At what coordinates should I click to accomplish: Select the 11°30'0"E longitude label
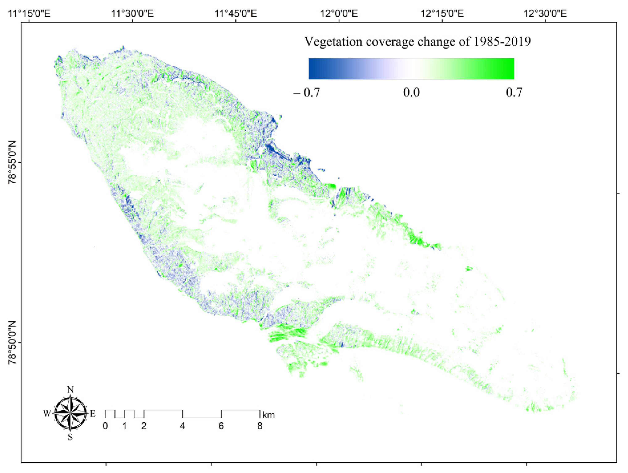pos(133,13)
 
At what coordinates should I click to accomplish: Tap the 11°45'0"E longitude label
pos(236,13)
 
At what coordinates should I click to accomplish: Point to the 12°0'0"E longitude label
pos(339,13)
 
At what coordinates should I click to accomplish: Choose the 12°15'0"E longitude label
pos(442,13)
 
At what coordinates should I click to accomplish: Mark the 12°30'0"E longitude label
pos(545,13)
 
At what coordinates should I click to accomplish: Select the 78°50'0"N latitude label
pos(13,343)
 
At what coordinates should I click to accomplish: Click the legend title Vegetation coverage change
pos(417,42)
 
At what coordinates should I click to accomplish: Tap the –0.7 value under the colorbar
pos(307,93)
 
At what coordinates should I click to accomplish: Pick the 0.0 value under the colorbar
pos(411,93)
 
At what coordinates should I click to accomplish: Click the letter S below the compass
pos(70,437)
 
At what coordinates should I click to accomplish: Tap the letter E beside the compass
pos(93,414)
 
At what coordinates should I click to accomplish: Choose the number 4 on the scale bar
pos(182,426)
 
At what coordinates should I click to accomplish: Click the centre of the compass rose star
pos(70,413)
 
